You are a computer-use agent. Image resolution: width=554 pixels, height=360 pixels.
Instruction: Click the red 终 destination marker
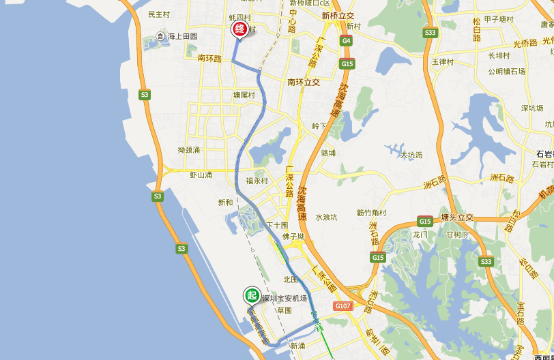[239, 29]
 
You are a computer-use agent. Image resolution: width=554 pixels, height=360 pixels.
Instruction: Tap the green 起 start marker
[252, 295]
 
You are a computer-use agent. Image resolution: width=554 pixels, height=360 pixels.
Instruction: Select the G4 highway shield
[347, 41]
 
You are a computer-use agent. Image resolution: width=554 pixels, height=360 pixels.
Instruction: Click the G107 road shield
[342, 306]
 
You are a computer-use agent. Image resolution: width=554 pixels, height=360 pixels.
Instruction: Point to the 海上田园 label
[182, 36]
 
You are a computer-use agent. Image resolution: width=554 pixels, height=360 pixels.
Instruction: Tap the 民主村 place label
[159, 14]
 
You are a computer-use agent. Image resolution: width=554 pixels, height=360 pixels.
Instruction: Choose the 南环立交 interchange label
[304, 82]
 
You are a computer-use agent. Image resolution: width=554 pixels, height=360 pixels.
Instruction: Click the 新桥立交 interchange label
[338, 16]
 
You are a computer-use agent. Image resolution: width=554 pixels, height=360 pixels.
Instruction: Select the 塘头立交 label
[457, 218]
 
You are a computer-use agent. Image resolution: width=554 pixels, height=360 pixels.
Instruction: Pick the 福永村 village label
[257, 181]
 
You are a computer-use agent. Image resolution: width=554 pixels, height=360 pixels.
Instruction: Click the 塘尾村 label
[244, 95]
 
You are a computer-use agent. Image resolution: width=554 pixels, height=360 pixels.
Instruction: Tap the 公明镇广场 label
[506, 72]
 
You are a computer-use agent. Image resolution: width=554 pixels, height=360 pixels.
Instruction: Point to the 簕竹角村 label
[371, 213]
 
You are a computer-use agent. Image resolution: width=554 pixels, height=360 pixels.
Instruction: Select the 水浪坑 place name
[326, 217]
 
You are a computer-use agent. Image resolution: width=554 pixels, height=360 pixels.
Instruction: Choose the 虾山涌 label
[201, 175]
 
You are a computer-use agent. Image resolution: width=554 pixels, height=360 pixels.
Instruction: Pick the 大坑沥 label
[411, 155]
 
